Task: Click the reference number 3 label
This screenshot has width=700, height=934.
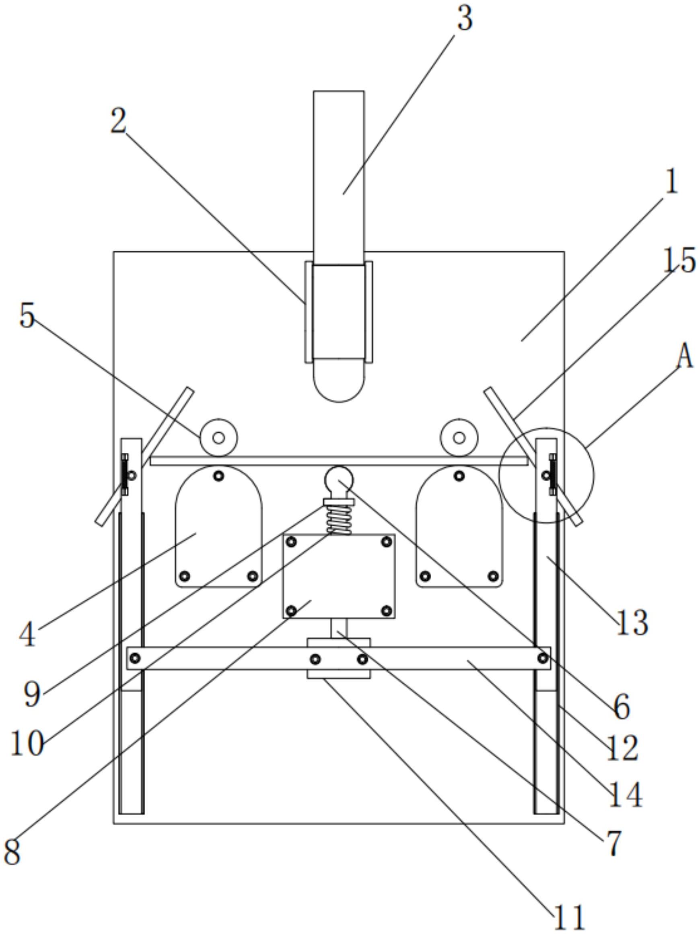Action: click(465, 19)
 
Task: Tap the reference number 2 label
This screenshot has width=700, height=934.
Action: click(119, 121)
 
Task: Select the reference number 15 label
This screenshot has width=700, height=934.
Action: click(679, 260)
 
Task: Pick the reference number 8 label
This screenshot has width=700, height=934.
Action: click(12, 851)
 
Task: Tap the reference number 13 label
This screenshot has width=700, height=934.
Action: click(632, 623)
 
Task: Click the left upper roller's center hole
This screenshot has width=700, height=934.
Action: click(218, 438)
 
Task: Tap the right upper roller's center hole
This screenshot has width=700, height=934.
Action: click(459, 438)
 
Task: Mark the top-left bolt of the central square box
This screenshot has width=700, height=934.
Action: click(291, 542)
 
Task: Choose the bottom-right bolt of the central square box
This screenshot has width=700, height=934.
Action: click(387, 610)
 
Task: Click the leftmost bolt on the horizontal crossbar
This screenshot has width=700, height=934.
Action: click(135, 658)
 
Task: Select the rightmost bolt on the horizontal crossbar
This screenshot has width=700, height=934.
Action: click(543, 658)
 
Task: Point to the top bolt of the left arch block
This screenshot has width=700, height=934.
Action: click(218, 476)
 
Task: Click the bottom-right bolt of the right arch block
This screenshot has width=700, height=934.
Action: click(493, 576)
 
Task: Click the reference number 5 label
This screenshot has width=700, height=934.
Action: click(27, 316)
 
